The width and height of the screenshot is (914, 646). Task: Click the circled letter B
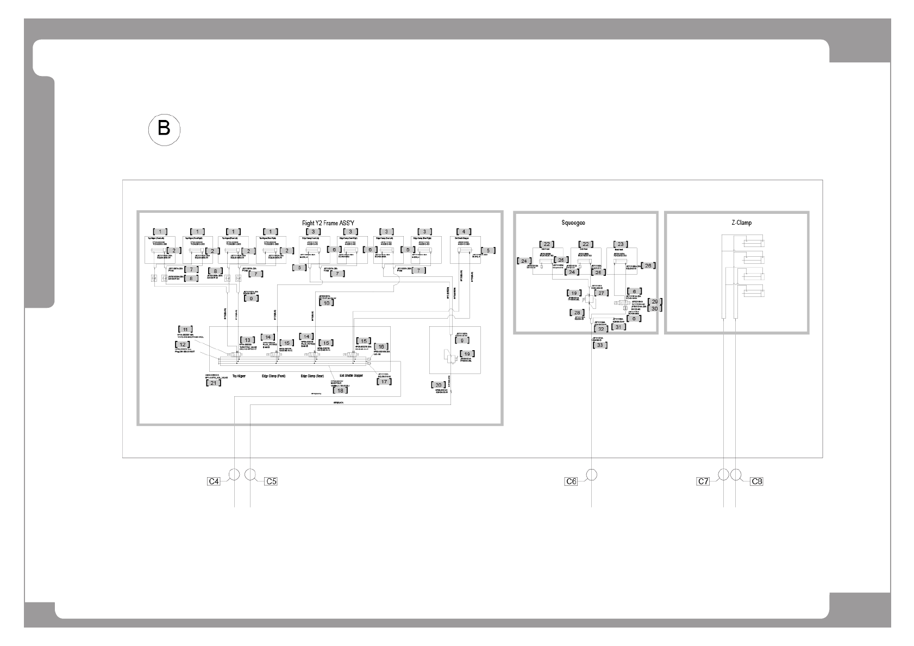coord(164,129)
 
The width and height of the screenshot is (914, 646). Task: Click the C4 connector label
coord(214,481)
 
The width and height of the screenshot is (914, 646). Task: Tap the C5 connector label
coord(271,481)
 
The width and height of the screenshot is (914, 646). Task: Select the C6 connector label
coord(570,481)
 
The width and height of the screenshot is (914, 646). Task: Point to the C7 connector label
coord(704,481)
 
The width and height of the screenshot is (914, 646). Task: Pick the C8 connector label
coord(756,481)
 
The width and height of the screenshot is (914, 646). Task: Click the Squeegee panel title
coord(573,223)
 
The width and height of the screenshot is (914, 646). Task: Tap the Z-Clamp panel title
coord(742,223)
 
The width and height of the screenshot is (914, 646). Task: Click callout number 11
coord(185,330)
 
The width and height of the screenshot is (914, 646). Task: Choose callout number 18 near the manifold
coord(341,390)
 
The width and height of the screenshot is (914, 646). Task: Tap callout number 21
coord(214,383)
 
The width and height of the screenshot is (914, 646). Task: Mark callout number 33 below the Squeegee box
coord(599,345)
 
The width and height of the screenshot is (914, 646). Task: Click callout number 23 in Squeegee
coord(621,244)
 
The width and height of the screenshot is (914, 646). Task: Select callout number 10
coord(327,303)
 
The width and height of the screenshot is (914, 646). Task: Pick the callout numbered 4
coord(463,232)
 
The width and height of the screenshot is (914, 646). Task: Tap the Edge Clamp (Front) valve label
coord(273,376)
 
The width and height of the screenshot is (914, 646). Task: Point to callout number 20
coord(439,385)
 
